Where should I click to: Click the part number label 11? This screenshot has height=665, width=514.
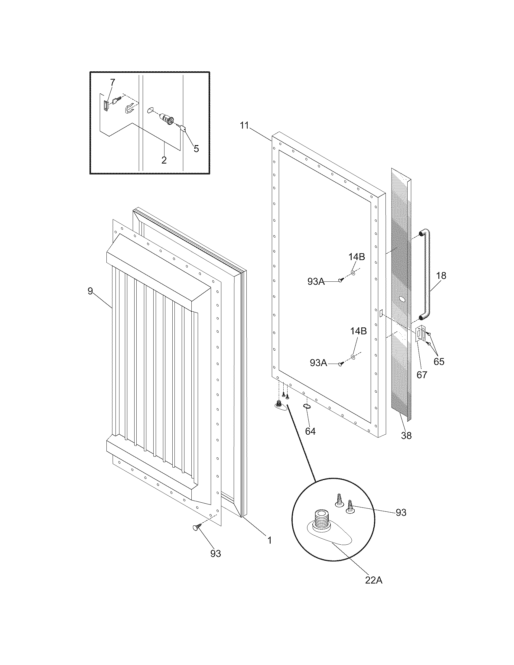(244, 125)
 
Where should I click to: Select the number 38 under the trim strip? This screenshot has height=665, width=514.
(406, 436)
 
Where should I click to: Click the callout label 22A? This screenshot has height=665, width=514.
(374, 580)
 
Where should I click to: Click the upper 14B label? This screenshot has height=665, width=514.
(356, 257)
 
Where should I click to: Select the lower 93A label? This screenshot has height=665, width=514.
(318, 363)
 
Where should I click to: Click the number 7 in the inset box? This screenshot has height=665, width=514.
(113, 82)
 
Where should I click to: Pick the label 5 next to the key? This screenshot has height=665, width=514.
(196, 149)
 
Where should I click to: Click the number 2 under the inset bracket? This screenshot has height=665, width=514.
(164, 160)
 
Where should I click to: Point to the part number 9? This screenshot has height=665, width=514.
(90, 291)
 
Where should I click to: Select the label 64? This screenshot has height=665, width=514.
(310, 431)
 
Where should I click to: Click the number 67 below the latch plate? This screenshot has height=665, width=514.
(422, 375)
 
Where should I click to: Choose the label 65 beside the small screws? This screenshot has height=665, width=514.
(439, 362)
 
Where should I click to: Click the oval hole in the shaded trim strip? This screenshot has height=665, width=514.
(402, 299)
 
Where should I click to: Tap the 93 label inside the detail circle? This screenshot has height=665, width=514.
(401, 512)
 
